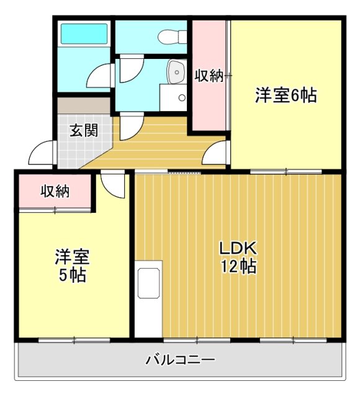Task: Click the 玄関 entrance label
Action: (83, 131)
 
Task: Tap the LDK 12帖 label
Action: (237, 257)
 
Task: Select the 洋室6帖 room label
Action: (286, 96)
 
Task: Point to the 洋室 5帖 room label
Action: (73, 265)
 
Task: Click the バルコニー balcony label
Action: (181, 360)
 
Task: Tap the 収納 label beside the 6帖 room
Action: (209, 76)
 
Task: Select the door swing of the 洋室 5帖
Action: (114, 184)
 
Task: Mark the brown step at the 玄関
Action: (84, 105)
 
